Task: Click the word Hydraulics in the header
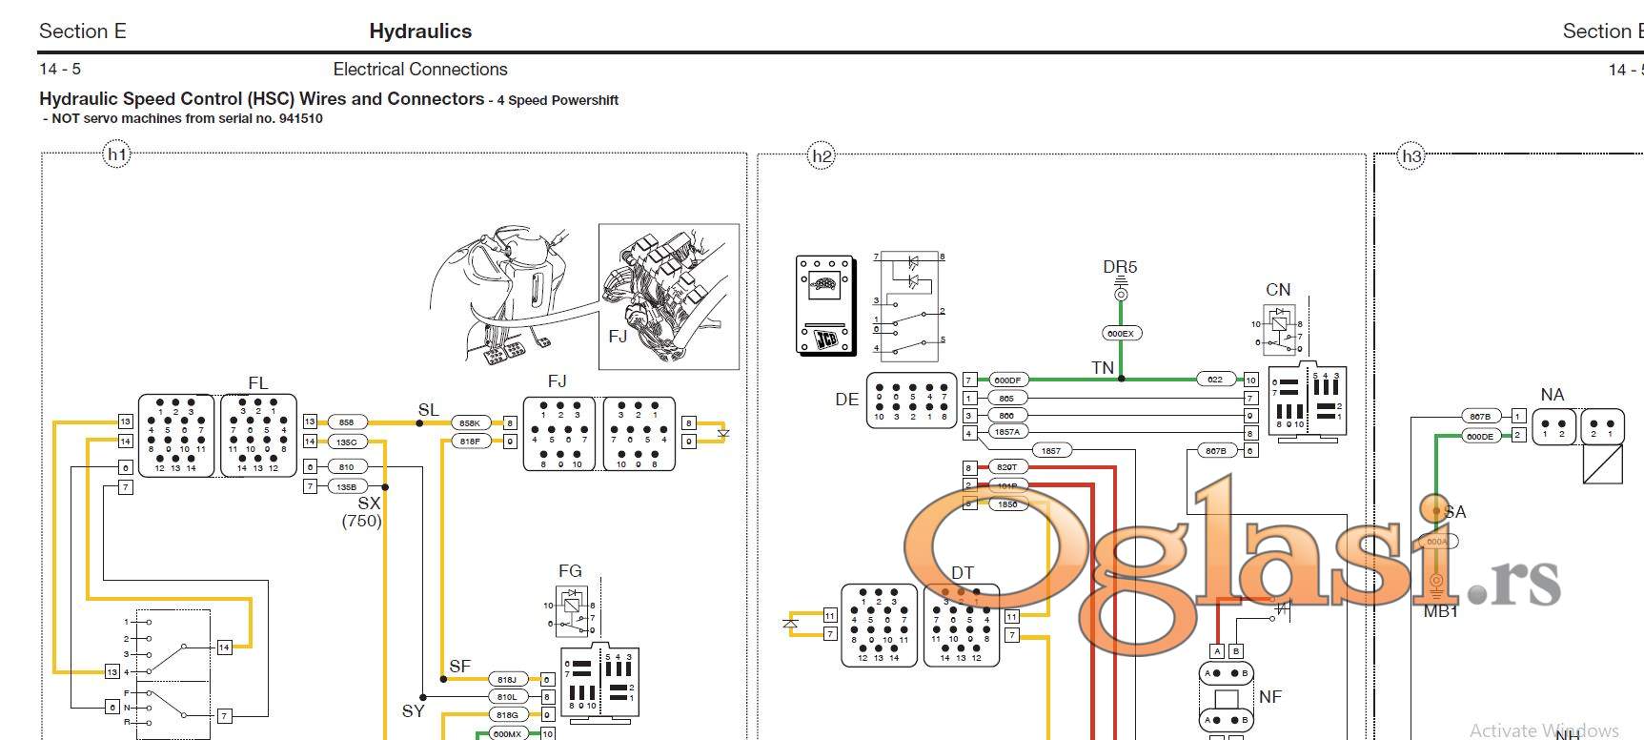click(420, 31)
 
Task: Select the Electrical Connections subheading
click(420, 70)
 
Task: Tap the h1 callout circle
click(116, 155)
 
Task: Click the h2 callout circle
click(821, 156)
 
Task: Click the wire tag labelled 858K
click(470, 422)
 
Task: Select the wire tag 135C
click(346, 442)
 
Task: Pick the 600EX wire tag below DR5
click(1121, 334)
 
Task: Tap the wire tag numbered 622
click(1215, 380)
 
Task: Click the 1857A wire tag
click(1006, 432)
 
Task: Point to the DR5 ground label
click(1120, 268)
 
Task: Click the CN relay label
click(1278, 290)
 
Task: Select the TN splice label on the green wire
click(1103, 367)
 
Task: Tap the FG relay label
click(570, 571)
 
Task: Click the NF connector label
click(1269, 697)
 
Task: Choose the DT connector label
click(963, 573)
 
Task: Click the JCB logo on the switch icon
click(825, 337)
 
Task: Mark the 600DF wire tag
click(1007, 380)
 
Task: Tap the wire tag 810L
click(507, 697)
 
